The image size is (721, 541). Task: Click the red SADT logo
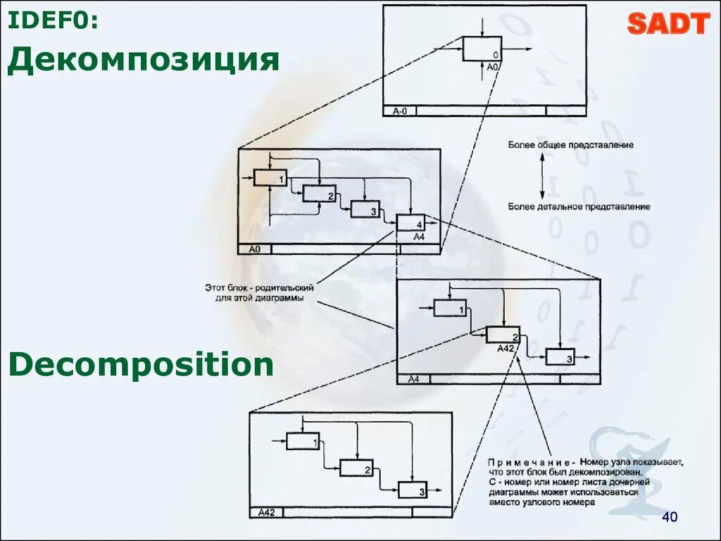[x=667, y=24]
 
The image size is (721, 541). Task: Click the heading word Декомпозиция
[x=144, y=61]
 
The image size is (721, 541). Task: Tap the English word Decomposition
[x=141, y=365]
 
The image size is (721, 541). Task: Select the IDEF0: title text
[x=52, y=21]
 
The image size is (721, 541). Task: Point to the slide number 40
[x=669, y=518]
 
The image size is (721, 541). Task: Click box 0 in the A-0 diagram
[x=482, y=49]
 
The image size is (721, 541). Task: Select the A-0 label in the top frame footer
[x=400, y=111]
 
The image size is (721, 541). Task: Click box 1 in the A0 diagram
[x=270, y=178]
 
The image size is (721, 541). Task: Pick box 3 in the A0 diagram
[x=365, y=209]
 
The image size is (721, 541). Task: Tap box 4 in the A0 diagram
[x=410, y=222]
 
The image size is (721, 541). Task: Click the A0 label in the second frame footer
[x=255, y=249]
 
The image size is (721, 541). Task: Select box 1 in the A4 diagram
[x=449, y=308]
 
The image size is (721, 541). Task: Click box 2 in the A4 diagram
[x=503, y=335]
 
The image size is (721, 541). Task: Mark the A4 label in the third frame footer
[x=413, y=379]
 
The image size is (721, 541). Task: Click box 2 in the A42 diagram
[x=356, y=467]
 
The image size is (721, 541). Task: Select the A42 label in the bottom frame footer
[x=266, y=512]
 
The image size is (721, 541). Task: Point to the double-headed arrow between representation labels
[x=542, y=175]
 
